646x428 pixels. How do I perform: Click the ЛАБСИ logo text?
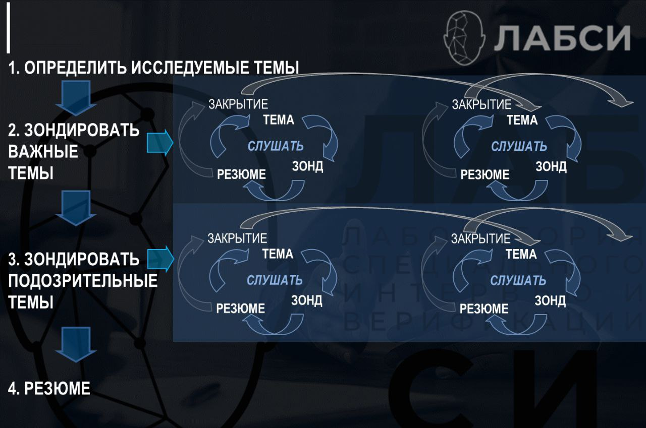(x=562, y=37)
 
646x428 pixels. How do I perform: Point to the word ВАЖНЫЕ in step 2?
(x=43, y=152)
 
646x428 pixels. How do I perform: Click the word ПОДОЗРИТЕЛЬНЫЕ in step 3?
(x=83, y=281)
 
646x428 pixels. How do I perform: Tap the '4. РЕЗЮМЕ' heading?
(x=49, y=388)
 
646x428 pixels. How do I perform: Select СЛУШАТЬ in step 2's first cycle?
(x=275, y=146)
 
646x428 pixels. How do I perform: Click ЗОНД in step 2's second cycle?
(x=551, y=166)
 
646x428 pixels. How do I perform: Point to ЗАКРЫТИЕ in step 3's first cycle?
(x=237, y=238)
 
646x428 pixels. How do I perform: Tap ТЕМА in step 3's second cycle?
(x=521, y=254)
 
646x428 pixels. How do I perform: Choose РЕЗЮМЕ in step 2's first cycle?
(x=241, y=174)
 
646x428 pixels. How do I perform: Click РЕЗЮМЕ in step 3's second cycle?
(x=484, y=308)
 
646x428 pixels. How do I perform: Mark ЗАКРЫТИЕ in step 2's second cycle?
(x=481, y=105)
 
